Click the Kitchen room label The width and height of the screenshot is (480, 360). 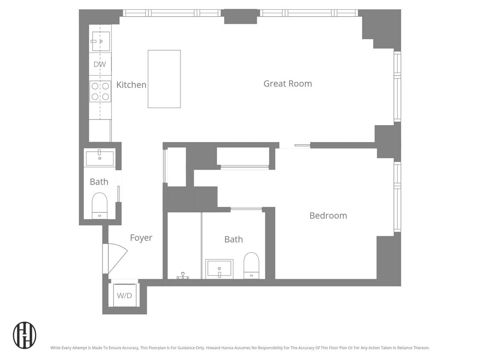click(x=131, y=85)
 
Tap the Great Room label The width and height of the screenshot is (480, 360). click(x=287, y=84)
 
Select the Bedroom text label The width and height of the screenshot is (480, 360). click(x=328, y=215)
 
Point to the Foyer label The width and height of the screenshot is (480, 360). click(x=141, y=238)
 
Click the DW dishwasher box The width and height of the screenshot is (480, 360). click(x=100, y=64)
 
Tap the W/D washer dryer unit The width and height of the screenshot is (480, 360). click(x=124, y=295)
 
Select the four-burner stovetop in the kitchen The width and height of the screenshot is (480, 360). click(x=100, y=91)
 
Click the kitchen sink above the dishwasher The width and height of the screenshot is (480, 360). click(x=101, y=41)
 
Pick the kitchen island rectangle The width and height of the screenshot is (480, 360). click(x=164, y=79)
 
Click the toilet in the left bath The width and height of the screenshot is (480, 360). click(x=100, y=205)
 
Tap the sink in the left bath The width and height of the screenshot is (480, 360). click(x=100, y=158)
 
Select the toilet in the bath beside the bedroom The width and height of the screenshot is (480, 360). click(x=251, y=265)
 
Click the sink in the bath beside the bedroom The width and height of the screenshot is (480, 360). click(x=219, y=269)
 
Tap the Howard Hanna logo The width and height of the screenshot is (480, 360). click(x=24, y=335)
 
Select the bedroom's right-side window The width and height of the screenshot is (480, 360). click(x=397, y=197)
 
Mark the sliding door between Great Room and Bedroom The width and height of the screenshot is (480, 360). click(x=294, y=146)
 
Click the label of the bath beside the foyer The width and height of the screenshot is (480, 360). click(x=99, y=182)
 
